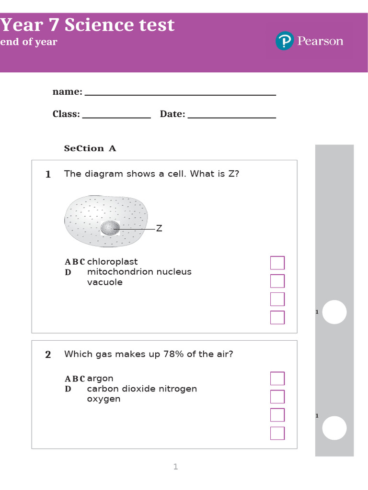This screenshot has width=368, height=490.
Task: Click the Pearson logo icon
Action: pos(284,41)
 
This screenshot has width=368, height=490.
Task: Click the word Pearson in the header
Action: pos(320,41)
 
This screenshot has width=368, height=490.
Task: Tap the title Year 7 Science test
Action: pos(87,25)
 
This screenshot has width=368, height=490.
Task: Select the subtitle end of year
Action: pos(29,42)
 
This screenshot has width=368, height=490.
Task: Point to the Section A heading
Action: pos(90,148)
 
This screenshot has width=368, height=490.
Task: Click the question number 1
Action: pos(48,175)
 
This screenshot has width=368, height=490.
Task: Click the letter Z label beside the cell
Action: pos(159,229)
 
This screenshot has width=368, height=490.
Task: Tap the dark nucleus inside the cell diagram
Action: pos(110,228)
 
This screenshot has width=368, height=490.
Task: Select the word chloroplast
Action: pos(112,262)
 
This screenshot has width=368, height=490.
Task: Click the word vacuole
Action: pos(104,282)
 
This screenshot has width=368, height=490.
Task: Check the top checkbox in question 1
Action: pos(277,263)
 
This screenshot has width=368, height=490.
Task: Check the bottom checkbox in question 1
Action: pos(277,317)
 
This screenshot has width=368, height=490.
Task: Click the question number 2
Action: pos(48,355)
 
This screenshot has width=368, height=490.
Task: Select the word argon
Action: pos(100,379)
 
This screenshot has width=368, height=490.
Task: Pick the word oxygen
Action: pos(103,399)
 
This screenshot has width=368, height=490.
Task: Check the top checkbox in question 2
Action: pos(277,379)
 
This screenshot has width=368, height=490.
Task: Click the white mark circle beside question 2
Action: pos(334,428)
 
